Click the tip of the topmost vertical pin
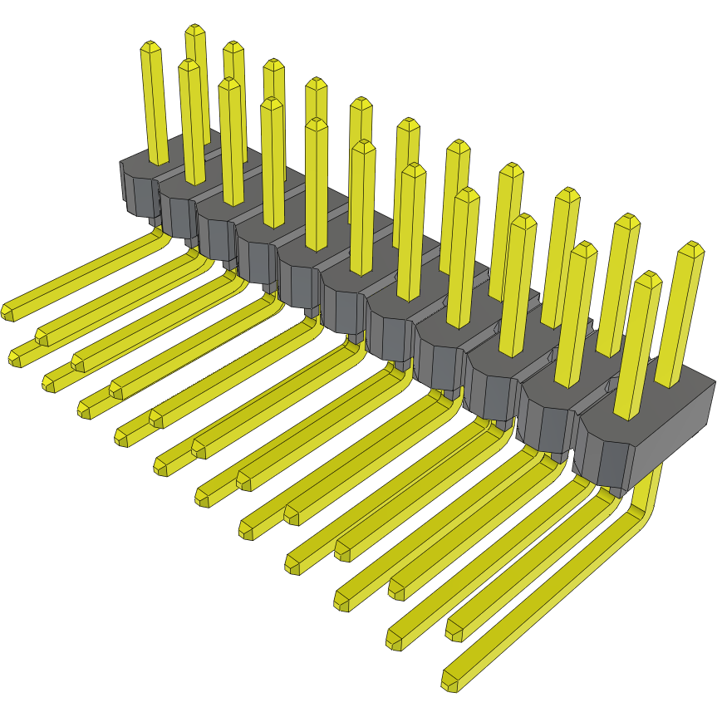coord(194,30)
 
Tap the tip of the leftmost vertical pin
coord(150,47)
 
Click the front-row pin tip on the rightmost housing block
coord(647,277)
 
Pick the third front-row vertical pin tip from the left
coord(230,84)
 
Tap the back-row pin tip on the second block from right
coord(629,221)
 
